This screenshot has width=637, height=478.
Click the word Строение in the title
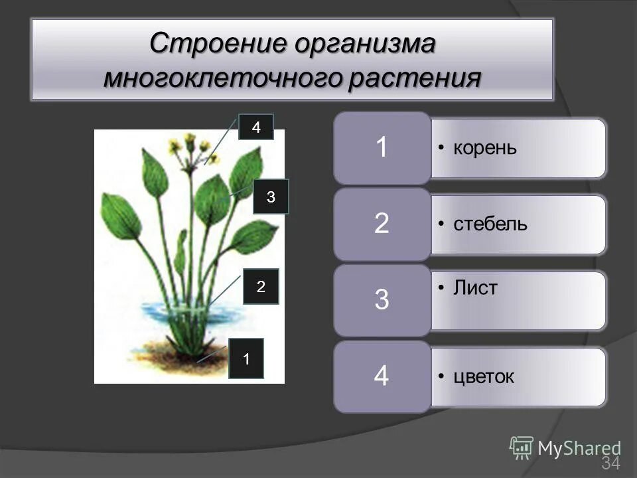[209, 45]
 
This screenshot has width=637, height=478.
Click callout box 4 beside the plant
[256, 127]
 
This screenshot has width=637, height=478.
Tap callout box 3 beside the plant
[271, 197]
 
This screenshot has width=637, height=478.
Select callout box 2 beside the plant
[261, 287]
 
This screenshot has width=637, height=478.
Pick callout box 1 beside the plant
[246, 359]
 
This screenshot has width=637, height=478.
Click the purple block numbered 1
[382, 147]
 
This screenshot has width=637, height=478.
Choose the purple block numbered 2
[382, 224]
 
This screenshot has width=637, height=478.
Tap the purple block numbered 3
[382, 300]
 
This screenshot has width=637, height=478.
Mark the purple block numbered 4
[382, 376]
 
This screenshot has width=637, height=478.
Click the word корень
[484, 147]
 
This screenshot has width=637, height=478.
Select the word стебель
[490, 224]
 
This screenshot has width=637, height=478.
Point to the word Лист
[475, 289]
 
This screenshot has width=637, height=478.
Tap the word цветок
[484, 377]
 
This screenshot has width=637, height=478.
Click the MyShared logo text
[579, 448]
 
